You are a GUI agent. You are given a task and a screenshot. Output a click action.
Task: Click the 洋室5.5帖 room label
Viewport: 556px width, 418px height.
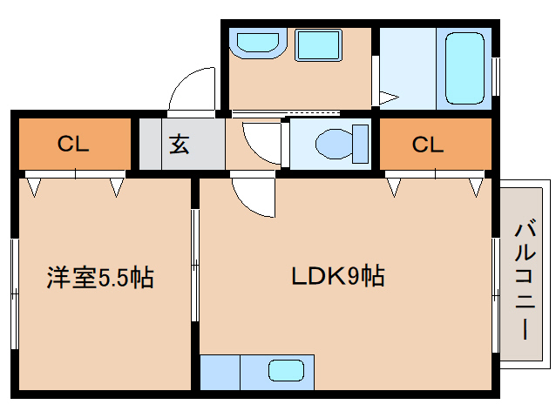tap(100, 279)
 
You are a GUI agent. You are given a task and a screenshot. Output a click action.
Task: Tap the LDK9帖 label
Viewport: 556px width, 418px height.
tap(338, 277)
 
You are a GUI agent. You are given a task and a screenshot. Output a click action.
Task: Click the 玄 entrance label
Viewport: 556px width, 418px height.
tap(180, 145)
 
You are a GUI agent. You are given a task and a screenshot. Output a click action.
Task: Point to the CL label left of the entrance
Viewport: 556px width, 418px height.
tap(74, 145)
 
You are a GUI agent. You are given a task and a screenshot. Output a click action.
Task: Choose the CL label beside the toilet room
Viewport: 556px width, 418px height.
tap(428, 145)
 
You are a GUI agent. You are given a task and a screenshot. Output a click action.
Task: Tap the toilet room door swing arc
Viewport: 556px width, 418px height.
tap(261, 139)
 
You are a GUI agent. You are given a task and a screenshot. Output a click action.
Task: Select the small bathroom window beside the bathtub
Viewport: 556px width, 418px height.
tap(496, 77)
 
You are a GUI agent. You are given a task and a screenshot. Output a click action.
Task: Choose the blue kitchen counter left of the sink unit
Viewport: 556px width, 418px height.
tap(220, 372)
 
